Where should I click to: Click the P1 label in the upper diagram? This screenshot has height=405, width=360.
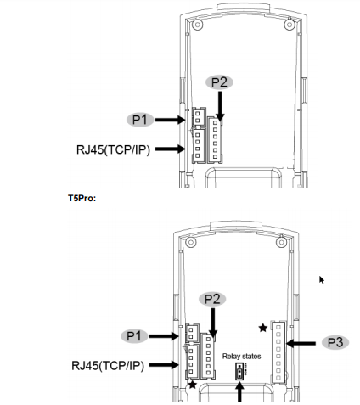140,120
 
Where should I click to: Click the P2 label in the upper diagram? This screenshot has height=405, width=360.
219,82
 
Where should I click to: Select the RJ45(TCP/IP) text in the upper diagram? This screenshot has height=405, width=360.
113,149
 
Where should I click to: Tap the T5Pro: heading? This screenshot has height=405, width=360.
82,198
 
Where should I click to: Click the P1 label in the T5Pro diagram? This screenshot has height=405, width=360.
134,336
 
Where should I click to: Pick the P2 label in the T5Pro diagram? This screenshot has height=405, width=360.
212,299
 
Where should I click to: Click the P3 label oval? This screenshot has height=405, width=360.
335,342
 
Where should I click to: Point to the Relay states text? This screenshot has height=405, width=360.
242,357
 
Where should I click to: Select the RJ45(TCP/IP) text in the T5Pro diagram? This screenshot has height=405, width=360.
108,366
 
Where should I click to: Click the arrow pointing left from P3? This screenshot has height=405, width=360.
301,344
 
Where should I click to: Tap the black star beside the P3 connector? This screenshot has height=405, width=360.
263,328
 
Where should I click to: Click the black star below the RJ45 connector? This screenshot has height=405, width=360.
193,385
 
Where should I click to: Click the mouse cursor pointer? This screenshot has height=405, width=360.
322,280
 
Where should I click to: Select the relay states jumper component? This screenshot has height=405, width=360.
239,371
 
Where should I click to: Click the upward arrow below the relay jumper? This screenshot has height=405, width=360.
239,391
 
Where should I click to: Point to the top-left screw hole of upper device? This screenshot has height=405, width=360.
198,25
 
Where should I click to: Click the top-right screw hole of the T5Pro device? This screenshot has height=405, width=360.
281,242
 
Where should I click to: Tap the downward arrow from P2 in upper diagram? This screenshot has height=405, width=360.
220,106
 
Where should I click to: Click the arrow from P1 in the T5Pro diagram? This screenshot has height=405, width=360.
164,336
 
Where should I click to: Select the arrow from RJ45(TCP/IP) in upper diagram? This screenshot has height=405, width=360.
171,149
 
